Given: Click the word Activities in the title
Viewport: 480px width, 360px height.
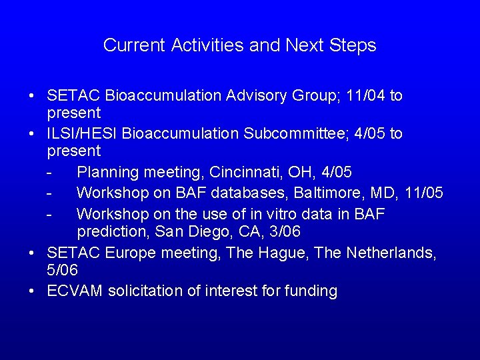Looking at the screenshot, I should tap(207, 45).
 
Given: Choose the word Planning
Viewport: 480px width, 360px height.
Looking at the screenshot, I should tap(105, 172).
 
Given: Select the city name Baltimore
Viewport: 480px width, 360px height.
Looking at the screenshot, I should tap(311, 193).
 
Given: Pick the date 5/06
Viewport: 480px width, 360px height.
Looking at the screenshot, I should tap(62, 271).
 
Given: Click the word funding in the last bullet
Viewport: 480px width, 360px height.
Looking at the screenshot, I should tap(311, 291).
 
